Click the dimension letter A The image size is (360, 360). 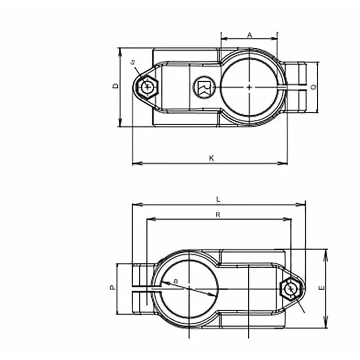(249, 35)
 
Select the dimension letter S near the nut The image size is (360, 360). (133, 62)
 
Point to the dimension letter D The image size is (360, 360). (115, 86)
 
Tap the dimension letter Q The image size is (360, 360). (313, 87)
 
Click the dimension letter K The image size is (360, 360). (211, 158)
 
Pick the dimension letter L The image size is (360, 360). (219, 199)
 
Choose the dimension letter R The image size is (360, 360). (218, 215)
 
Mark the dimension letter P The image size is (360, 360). (112, 288)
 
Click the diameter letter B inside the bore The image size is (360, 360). (175, 281)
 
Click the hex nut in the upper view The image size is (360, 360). (148, 87)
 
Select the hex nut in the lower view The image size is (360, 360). (291, 289)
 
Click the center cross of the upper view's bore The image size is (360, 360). (249, 87)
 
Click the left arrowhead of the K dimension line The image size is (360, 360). (135, 164)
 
